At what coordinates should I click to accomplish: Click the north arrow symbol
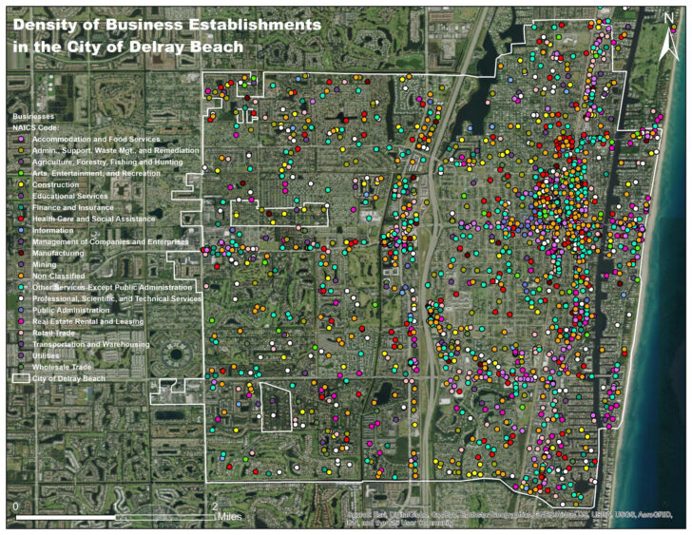(667, 38)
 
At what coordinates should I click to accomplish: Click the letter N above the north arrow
(668, 17)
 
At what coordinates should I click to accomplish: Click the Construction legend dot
(22, 184)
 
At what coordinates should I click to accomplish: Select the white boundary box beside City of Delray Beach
(21, 378)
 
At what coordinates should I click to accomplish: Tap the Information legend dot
(22, 230)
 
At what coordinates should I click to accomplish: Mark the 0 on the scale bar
(15, 505)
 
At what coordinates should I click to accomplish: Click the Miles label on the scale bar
(229, 515)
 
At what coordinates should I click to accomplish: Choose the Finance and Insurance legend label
(72, 207)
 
